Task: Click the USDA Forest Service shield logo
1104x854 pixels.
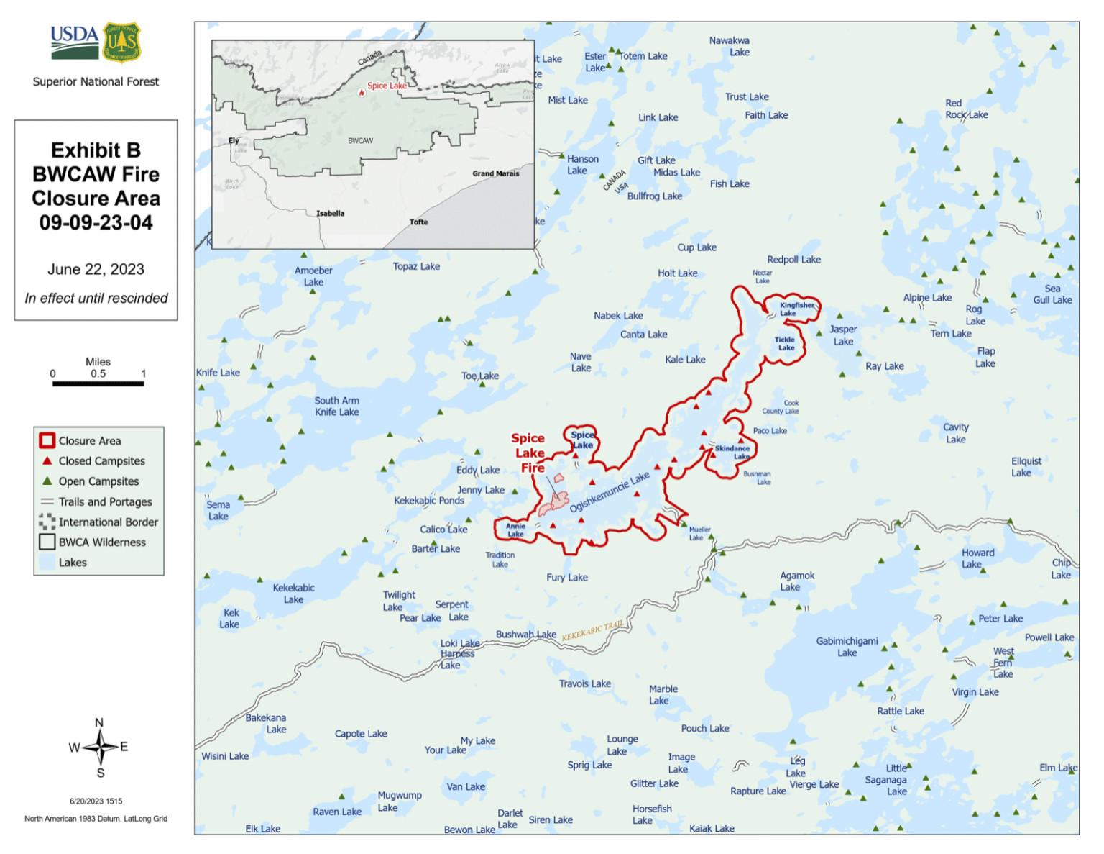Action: (121, 42)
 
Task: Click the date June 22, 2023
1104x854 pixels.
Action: (96, 269)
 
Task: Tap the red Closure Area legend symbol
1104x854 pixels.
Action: (47, 440)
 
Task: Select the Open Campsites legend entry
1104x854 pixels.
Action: (98, 481)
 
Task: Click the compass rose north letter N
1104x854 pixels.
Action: (99, 722)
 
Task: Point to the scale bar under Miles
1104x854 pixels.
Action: (98, 383)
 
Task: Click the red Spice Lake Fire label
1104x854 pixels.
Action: (529, 453)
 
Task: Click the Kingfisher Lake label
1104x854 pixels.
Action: (796, 309)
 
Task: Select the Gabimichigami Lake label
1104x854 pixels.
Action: (847, 647)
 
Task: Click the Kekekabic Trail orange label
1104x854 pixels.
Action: (592, 631)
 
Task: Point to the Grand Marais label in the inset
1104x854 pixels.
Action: (495, 173)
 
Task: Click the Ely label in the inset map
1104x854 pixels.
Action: (234, 140)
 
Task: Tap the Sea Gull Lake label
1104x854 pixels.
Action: (1052, 294)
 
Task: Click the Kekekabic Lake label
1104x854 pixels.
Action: (293, 594)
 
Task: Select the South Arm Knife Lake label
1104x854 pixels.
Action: (336, 406)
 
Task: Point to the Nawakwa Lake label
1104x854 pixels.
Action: (730, 46)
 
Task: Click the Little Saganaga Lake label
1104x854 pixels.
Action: (886, 779)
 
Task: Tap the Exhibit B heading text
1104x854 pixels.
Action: (96, 150)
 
